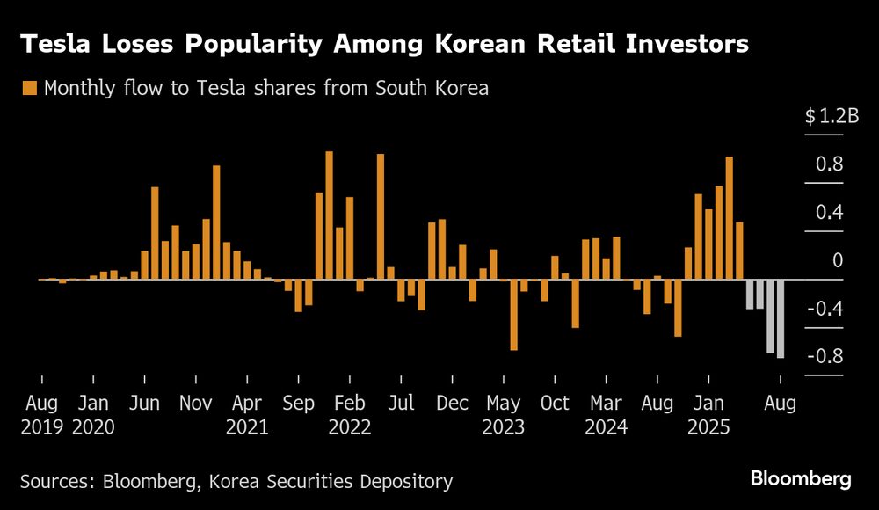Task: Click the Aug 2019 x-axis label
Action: tap(41, 415)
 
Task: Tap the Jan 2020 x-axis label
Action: tap(92, 415)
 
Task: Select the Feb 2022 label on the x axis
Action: tap(349, 415)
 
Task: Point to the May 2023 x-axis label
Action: tap(504, 415)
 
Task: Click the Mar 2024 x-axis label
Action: tap(606, 415)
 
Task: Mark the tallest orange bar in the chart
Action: tap(330, 215)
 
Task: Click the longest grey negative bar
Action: tap(781, 318)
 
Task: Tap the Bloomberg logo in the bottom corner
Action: tap(801, 480)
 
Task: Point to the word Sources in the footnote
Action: tap(55, 481)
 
